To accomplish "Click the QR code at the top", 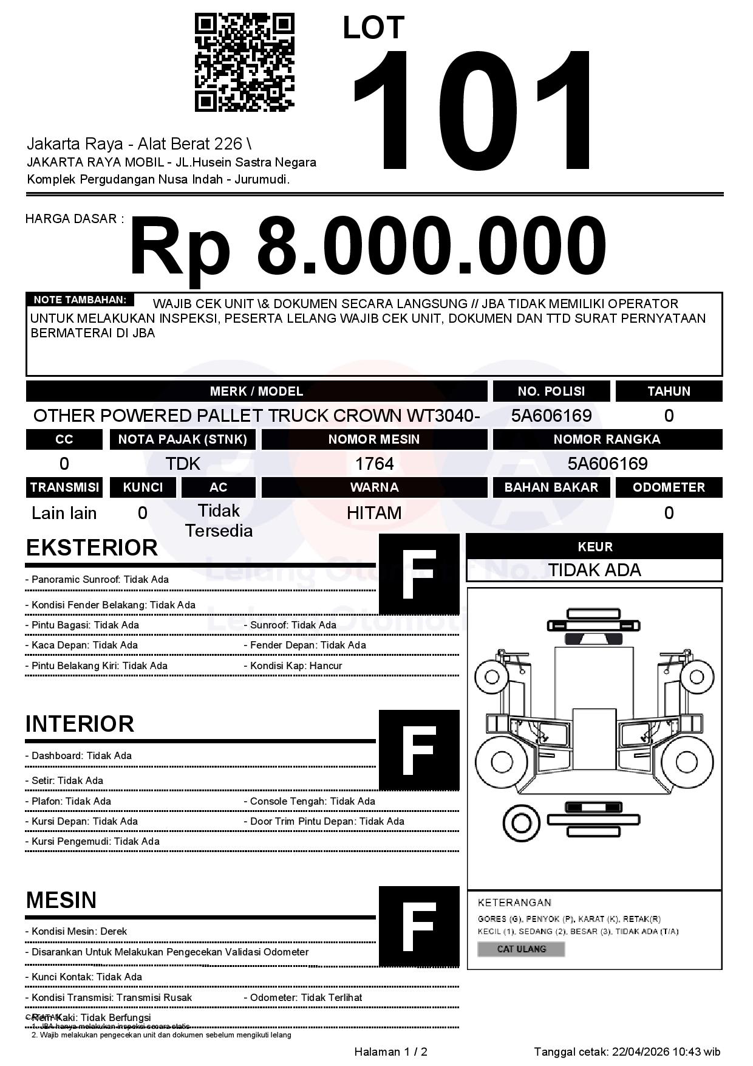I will click(244, 63).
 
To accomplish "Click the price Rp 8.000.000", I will click(368, 247).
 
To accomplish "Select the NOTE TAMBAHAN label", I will click(80, 300).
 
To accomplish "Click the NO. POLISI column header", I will click(551, 391).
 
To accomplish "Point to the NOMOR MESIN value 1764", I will click(374, 464).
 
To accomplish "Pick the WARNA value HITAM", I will click(374, 513).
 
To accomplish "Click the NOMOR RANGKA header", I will click(607, 439).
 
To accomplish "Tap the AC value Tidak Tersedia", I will click(219, 520).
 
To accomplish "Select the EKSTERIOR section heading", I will click(92, 548).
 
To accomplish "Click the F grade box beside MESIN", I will click(419, 926).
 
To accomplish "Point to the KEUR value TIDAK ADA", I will click(595, 570).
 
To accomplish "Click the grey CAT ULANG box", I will click(521, 949).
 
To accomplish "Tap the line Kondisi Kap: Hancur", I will click(296, 665).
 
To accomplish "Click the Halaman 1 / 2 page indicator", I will click(390, 1051).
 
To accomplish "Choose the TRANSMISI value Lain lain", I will click(64, 513).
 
